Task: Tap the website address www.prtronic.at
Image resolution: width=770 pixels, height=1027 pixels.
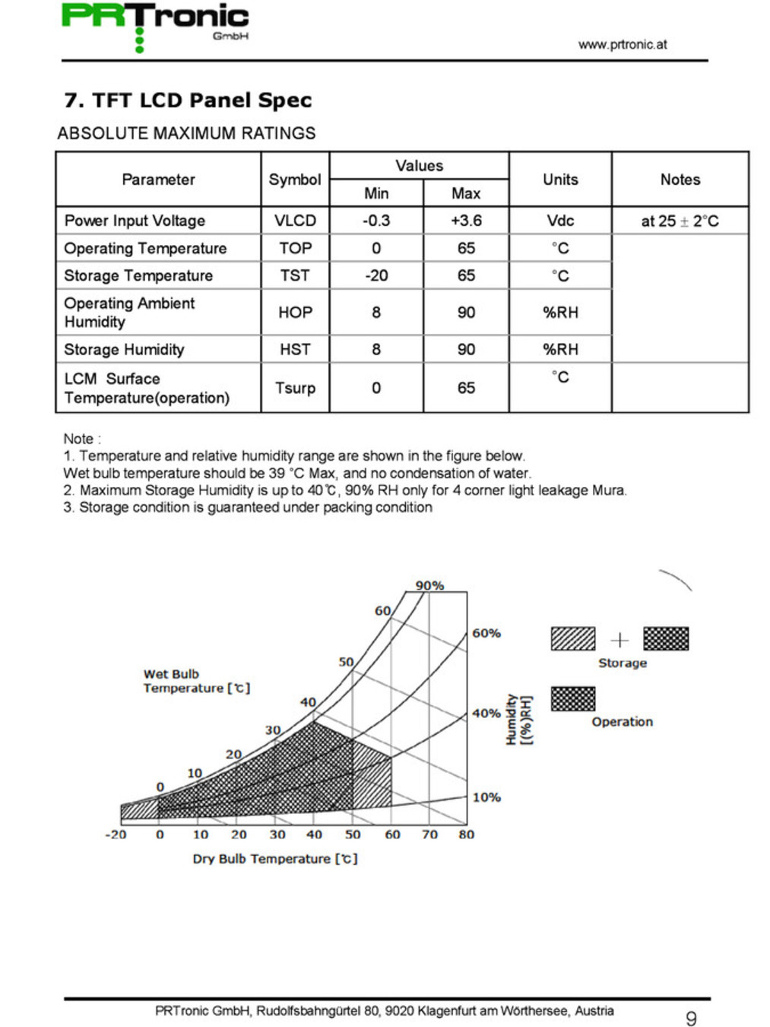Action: [622, 45]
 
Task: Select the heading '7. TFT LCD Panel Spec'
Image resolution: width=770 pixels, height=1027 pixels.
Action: [188, 100]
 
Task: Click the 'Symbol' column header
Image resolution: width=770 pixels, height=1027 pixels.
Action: [295, 180]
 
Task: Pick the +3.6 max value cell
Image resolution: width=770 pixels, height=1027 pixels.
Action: [466, 221]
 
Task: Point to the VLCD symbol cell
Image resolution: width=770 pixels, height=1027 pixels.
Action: [295, 221]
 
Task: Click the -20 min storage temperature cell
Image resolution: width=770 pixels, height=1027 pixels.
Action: [376, 275]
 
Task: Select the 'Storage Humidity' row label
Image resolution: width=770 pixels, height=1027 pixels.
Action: [124, 349]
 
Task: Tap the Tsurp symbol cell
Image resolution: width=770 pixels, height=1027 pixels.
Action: [295, 388]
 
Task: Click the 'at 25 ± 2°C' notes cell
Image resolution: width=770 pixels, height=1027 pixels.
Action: [680, 221]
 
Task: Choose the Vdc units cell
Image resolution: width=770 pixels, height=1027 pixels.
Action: [560, 221]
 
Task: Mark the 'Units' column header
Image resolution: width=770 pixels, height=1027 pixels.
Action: [560, 180]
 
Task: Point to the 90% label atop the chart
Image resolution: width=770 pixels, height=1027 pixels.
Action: [429, 586]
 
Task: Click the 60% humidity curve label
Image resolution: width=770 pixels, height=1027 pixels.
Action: [486, 633]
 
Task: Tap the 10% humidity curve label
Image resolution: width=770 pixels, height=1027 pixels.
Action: [486, 797]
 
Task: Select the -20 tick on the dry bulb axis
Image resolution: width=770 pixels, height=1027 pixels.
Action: [116, 835]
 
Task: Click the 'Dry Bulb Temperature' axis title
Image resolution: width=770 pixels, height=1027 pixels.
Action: [274, 859]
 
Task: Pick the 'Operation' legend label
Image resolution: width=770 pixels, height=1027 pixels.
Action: [622, 722]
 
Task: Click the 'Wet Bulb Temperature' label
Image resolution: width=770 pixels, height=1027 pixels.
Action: [195, 681]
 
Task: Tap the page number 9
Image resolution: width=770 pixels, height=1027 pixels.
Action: [691, 1019]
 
